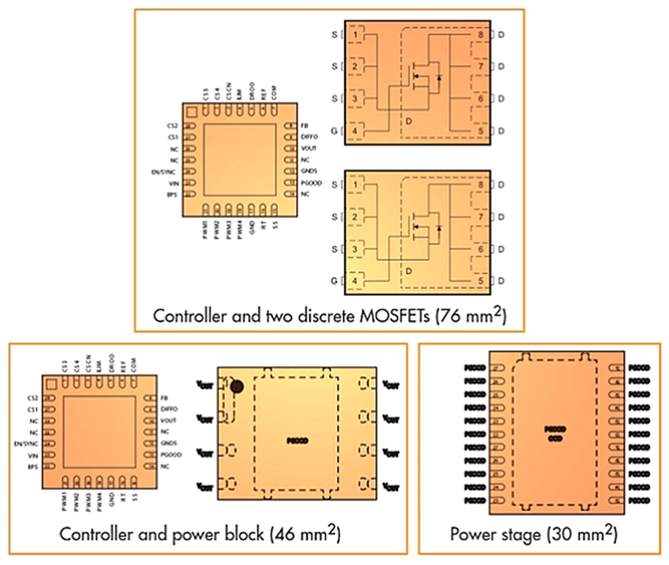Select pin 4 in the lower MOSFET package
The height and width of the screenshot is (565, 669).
[x=355, y=281]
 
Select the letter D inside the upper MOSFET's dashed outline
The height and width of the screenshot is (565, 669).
[x=407, y=122]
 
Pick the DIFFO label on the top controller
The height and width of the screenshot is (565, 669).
[x=309, y=137]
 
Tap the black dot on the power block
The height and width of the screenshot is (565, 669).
[x=235, y=384]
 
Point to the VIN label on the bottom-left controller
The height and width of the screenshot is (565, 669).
[x=35, y=455]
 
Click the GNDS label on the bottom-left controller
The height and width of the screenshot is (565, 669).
[x=170, y=443]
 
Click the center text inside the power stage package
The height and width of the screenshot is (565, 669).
[x=554, y=433]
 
